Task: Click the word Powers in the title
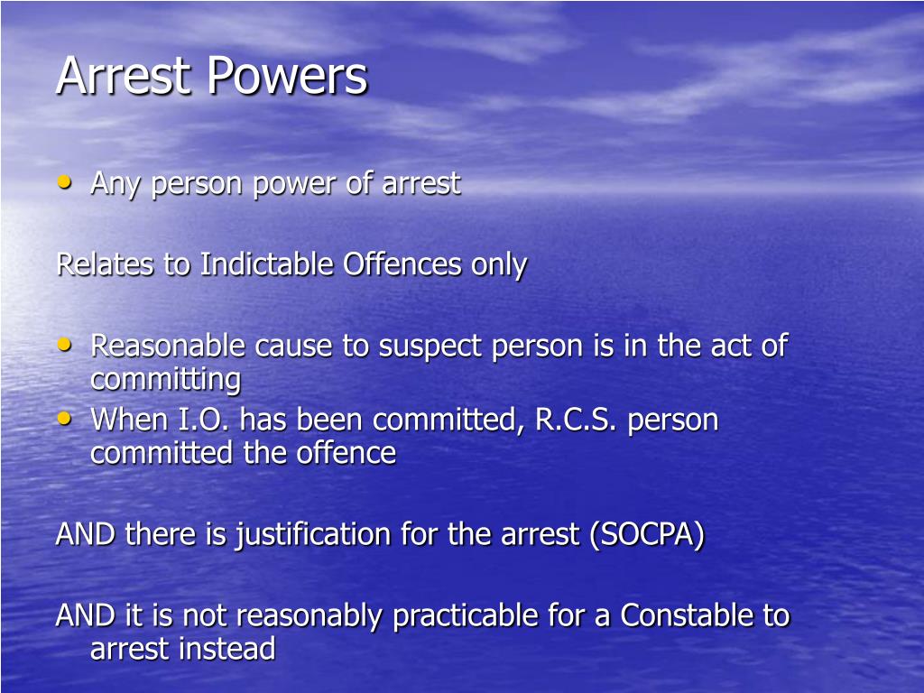pyautogui.click(x=287, y=76)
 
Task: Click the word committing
pyautogui.click(x=165, y=380)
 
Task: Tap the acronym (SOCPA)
pyautogui.click(x=646, y=535)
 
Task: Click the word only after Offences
pyautogui.click(x=498, y=266)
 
